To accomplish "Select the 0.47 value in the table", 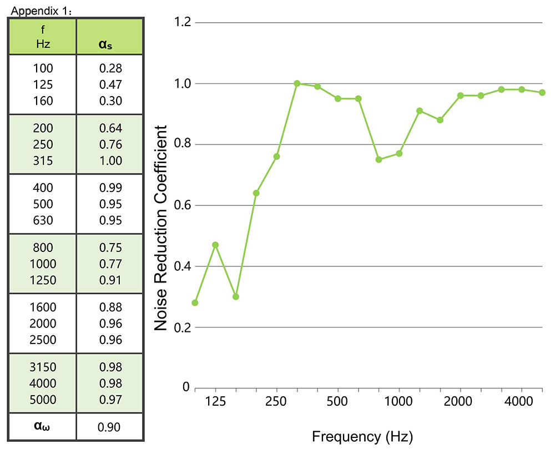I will pyautogui.click(x=110, y=85).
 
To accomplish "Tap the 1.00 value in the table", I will pyautogui.click(x=110, y=161).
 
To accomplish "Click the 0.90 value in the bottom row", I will pyautogui.click(x=109, y=427).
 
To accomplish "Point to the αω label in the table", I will pyautogui.click(x=42, y=427).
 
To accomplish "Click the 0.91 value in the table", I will pyautogui.click(x=110, y=280).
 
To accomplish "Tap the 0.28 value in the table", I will pyautogui.click(x=110, y=69).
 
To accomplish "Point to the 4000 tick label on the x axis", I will pyautogui.click(x=521, y=401).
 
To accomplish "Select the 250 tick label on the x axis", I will pyautogui.click(x=276, y=401).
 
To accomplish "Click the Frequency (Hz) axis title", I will pyautogui.click(x=362, y=436).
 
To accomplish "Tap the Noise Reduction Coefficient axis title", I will pyautogui.click(x=160, y=228).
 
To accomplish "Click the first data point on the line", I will pyautogui.click(x=195, y=302).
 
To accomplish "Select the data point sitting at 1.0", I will pyautogui.click(x=297, y=83).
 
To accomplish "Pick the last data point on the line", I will pyautogui.click(x=542, y=92).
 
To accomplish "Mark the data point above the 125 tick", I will pyautogui.click(x=215, y=245).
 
